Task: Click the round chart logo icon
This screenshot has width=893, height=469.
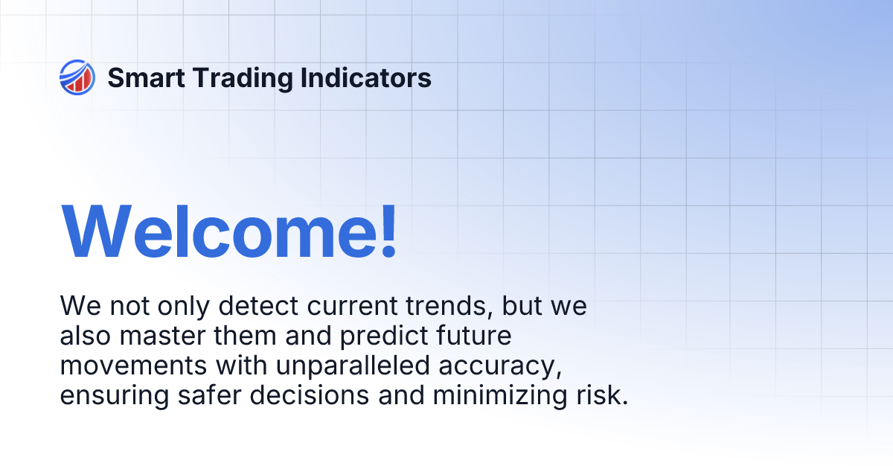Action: click(77, 77)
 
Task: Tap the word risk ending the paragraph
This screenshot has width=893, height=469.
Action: click(602, 396)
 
